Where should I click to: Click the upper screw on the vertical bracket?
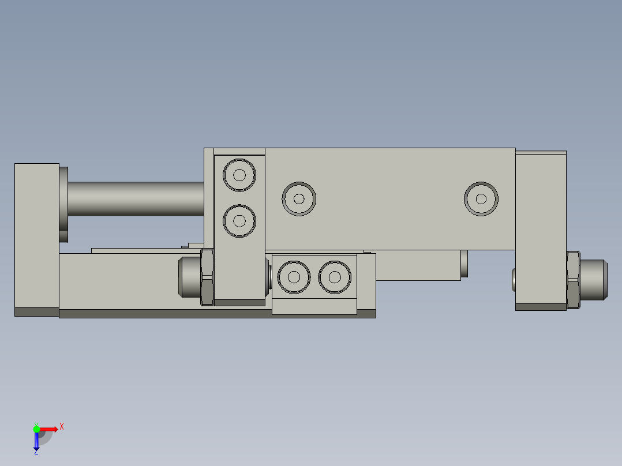(x=239, y=175)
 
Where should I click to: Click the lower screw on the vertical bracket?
(x=239, y=220)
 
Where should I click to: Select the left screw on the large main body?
(x=299, y=199)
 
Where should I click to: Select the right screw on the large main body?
(x=481, y=199)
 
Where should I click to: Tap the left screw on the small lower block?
(x=294, y=277)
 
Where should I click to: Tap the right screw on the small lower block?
(x=335, y=277)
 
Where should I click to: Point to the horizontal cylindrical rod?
(x=136, y=199)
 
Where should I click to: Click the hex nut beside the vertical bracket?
(x=207, y=277)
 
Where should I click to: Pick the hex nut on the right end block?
(x=573, y=280)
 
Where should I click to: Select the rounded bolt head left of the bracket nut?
(x=189, y=277)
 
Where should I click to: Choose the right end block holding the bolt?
(x=541, y=228)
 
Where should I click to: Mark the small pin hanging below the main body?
(x=464, y=264)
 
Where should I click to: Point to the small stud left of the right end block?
(x=514, y=280)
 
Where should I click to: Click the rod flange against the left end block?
(x=63, y=205)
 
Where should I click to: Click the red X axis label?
(x=62, y=427)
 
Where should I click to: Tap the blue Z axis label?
(x=36, y=452)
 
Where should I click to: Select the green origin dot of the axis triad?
(x=36, y=429)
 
